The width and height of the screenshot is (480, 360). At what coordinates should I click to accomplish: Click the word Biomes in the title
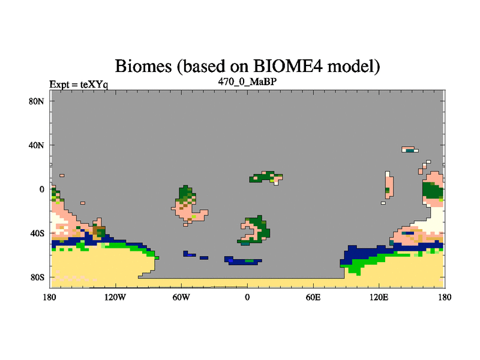[x=143, y=66]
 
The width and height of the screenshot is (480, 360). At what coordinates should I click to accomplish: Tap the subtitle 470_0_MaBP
[x=247, y=82]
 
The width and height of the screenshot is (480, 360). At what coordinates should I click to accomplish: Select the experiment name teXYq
[x=94, y=85]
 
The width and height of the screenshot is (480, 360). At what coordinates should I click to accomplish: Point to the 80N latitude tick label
[x=37, y=101]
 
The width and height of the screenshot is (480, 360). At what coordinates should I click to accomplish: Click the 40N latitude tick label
[x=37, y=145]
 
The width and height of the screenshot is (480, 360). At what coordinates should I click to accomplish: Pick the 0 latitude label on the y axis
[x=41, y=189]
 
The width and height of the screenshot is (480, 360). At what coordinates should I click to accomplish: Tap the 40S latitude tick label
[x=37, y=233]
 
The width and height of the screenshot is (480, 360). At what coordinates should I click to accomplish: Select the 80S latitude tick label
[x=37, y=277]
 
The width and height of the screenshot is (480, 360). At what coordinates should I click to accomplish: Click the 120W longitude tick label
[x=115, y=297]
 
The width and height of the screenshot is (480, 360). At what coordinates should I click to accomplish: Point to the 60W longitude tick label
[x=181, y=297]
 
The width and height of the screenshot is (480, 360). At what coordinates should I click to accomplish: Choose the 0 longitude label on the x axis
[x=247, y=297]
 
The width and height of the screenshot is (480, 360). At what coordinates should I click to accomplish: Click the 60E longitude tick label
[x=313, y=297]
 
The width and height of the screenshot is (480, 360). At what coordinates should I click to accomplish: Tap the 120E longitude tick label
[x=379, y=297]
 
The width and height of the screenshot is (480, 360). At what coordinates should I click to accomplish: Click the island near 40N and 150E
[x=410, y=149]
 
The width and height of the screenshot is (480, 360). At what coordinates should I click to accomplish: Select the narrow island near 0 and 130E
[x=389, y=185]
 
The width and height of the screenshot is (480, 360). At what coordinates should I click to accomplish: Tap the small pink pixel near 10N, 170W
[x=62, y=175]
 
